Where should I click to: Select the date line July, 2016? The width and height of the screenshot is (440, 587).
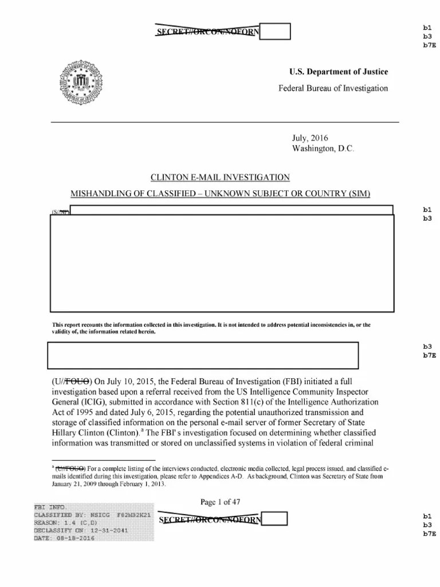[x=310, y=138]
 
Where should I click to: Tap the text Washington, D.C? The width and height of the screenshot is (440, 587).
[x=323, y=148]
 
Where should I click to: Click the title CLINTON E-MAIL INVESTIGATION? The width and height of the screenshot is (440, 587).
[x=219, y=178]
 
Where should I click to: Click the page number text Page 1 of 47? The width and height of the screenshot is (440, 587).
[x=220, y=502]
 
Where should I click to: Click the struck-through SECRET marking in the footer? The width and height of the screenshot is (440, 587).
[x=210, y=520]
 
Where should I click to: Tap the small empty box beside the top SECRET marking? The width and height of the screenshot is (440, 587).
[x=276, y=31]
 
